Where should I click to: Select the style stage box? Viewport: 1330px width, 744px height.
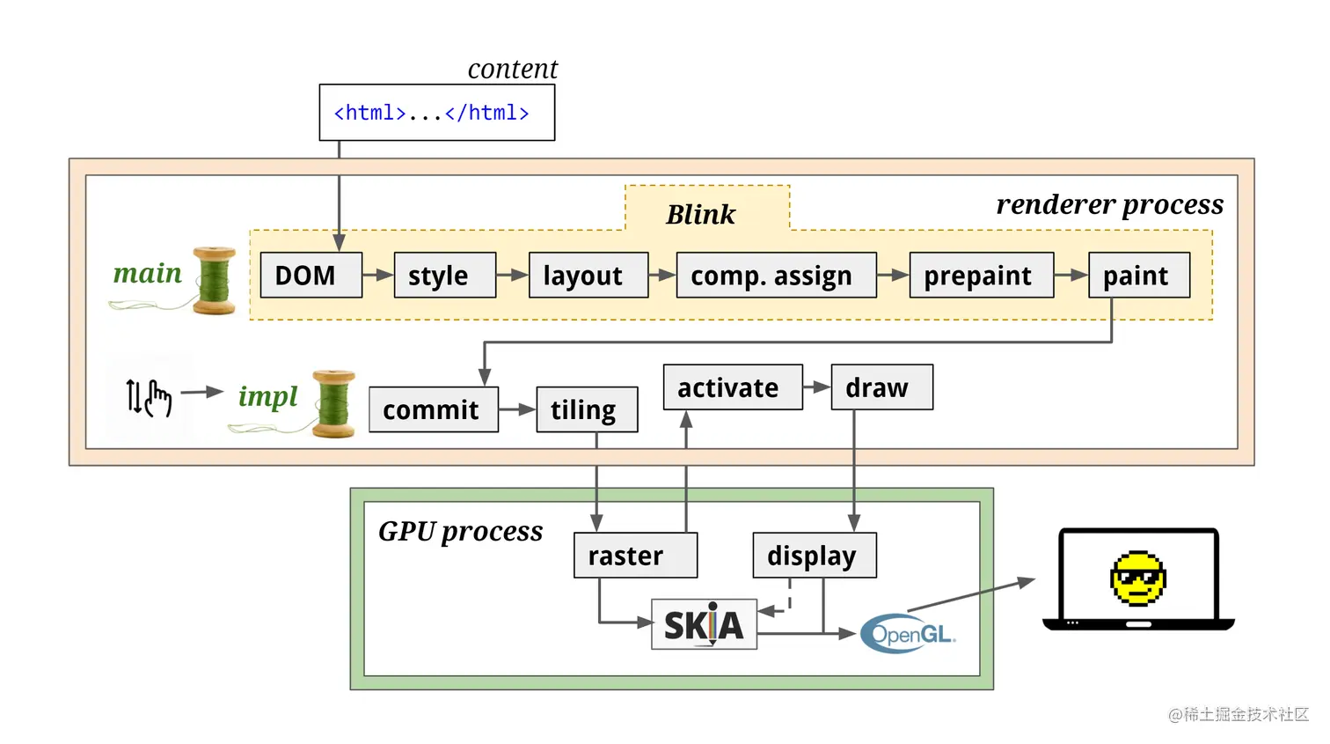click(x=445, y=275)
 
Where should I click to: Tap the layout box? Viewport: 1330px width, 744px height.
click(x=588, y=275)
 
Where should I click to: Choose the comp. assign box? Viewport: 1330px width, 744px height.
click(x=776, y=275)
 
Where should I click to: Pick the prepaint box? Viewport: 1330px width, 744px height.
click(x=981, y=275)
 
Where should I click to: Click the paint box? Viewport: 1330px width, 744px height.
click(x=1139, y=275)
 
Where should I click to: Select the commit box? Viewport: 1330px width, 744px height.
click(x=434, y=409)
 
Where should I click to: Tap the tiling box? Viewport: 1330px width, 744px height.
click(x=587, y=409)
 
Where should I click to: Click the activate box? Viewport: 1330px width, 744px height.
click(x=733, y=387)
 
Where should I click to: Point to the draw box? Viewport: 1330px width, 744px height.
click(x=881, y=387)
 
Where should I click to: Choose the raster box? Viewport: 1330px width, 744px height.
click(x=635, y=556)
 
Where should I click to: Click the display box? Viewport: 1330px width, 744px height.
click(x=815, y=556)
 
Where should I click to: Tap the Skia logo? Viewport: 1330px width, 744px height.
click(x=704, y=624)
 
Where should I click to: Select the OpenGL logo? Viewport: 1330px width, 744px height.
click(x=908, y=633)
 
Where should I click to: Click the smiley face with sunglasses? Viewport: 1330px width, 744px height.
click(x=1138, y=578)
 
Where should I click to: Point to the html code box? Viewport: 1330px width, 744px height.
click(x=436, y=113)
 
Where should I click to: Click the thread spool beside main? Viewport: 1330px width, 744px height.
click(x=214, y=281)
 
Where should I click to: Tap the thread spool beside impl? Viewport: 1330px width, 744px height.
click(x=333, y=404)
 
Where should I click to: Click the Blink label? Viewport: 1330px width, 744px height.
click(x=700, y=214)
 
